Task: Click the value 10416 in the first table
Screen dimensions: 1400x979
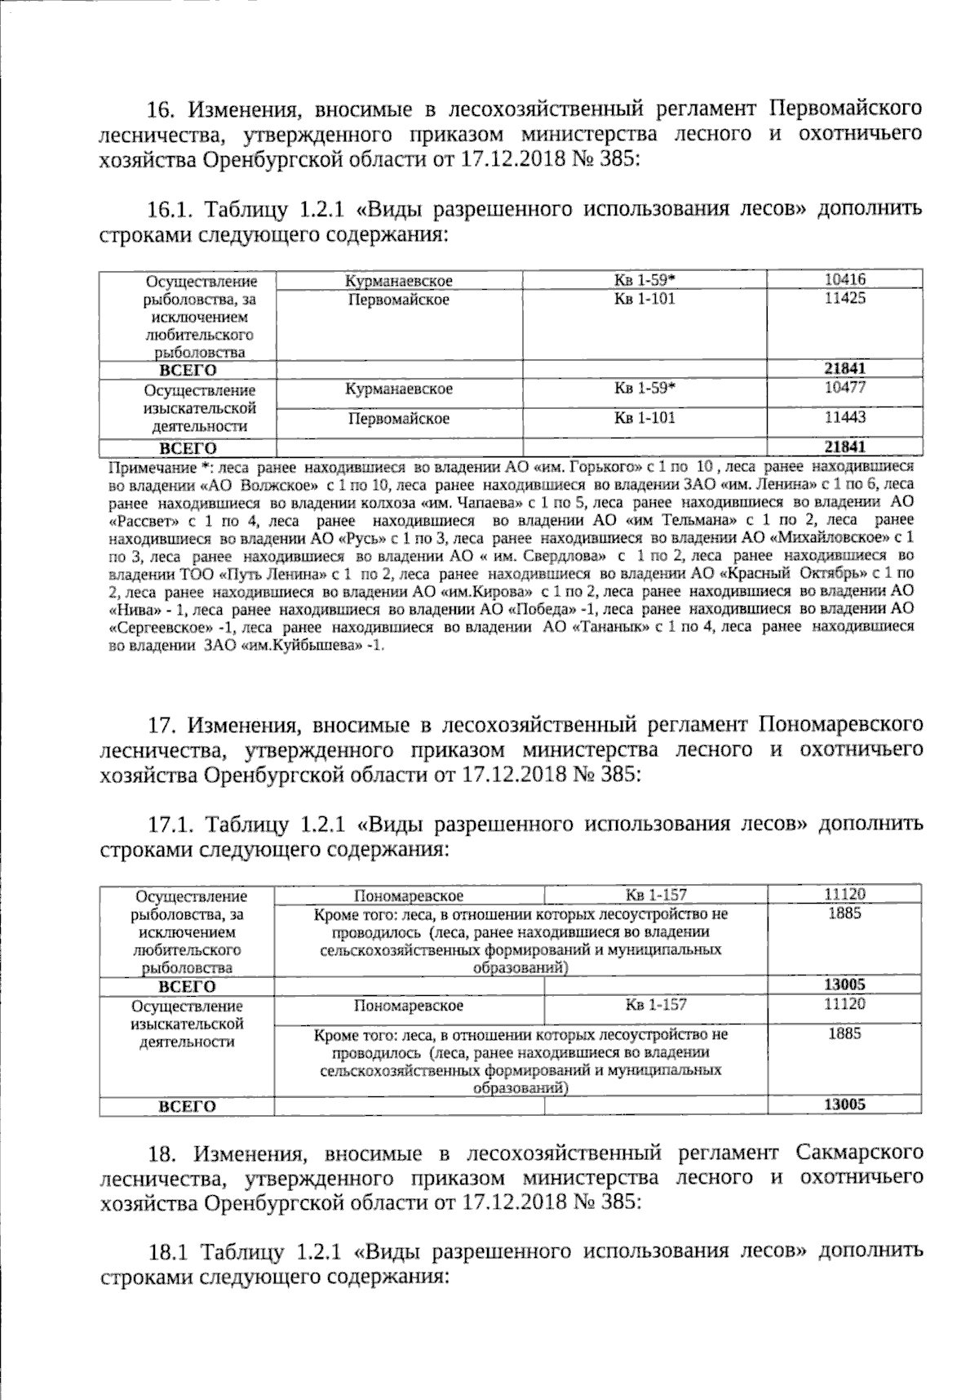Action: click(844, 279)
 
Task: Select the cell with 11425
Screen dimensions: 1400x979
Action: click(844, 298)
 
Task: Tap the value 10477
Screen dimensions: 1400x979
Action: click(844, 387)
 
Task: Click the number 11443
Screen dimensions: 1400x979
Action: click(844, 417)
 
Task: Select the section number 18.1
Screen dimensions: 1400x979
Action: click(169, 1251)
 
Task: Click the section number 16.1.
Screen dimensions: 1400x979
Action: click(170, 208)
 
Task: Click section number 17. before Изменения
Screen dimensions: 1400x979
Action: click(161, 723)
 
